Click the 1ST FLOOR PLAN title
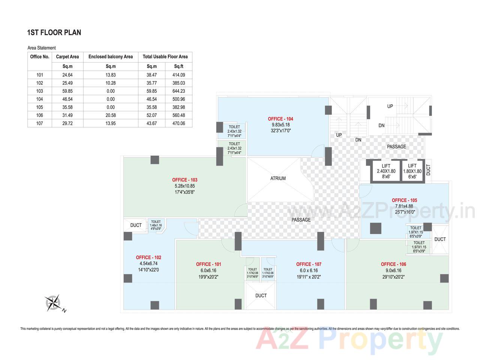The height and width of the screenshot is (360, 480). [54, 33]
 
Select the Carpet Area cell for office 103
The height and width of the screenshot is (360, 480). [67, 91]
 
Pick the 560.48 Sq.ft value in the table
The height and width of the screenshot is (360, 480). [178, 115]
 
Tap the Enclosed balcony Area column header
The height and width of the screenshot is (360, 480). [111, 57]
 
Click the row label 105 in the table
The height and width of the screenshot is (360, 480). [40, 107]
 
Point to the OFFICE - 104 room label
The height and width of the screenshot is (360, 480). [280, 119]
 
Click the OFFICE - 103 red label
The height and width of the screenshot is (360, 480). [184, 180]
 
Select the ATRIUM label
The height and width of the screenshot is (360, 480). [278, 178]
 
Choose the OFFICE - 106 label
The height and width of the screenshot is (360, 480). [393, 264]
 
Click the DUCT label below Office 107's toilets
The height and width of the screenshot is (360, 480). [261, 295]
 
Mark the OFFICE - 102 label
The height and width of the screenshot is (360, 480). [148, 258]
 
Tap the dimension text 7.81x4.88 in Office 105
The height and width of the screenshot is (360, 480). [404, 206]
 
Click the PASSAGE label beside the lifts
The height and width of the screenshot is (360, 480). [396, 147]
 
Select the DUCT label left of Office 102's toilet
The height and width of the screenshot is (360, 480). [136, 225]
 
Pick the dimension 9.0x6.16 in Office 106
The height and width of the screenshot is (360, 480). [393, 270]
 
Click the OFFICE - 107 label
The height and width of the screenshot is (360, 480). [309, 264]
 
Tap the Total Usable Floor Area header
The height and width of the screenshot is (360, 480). [165, 57]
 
